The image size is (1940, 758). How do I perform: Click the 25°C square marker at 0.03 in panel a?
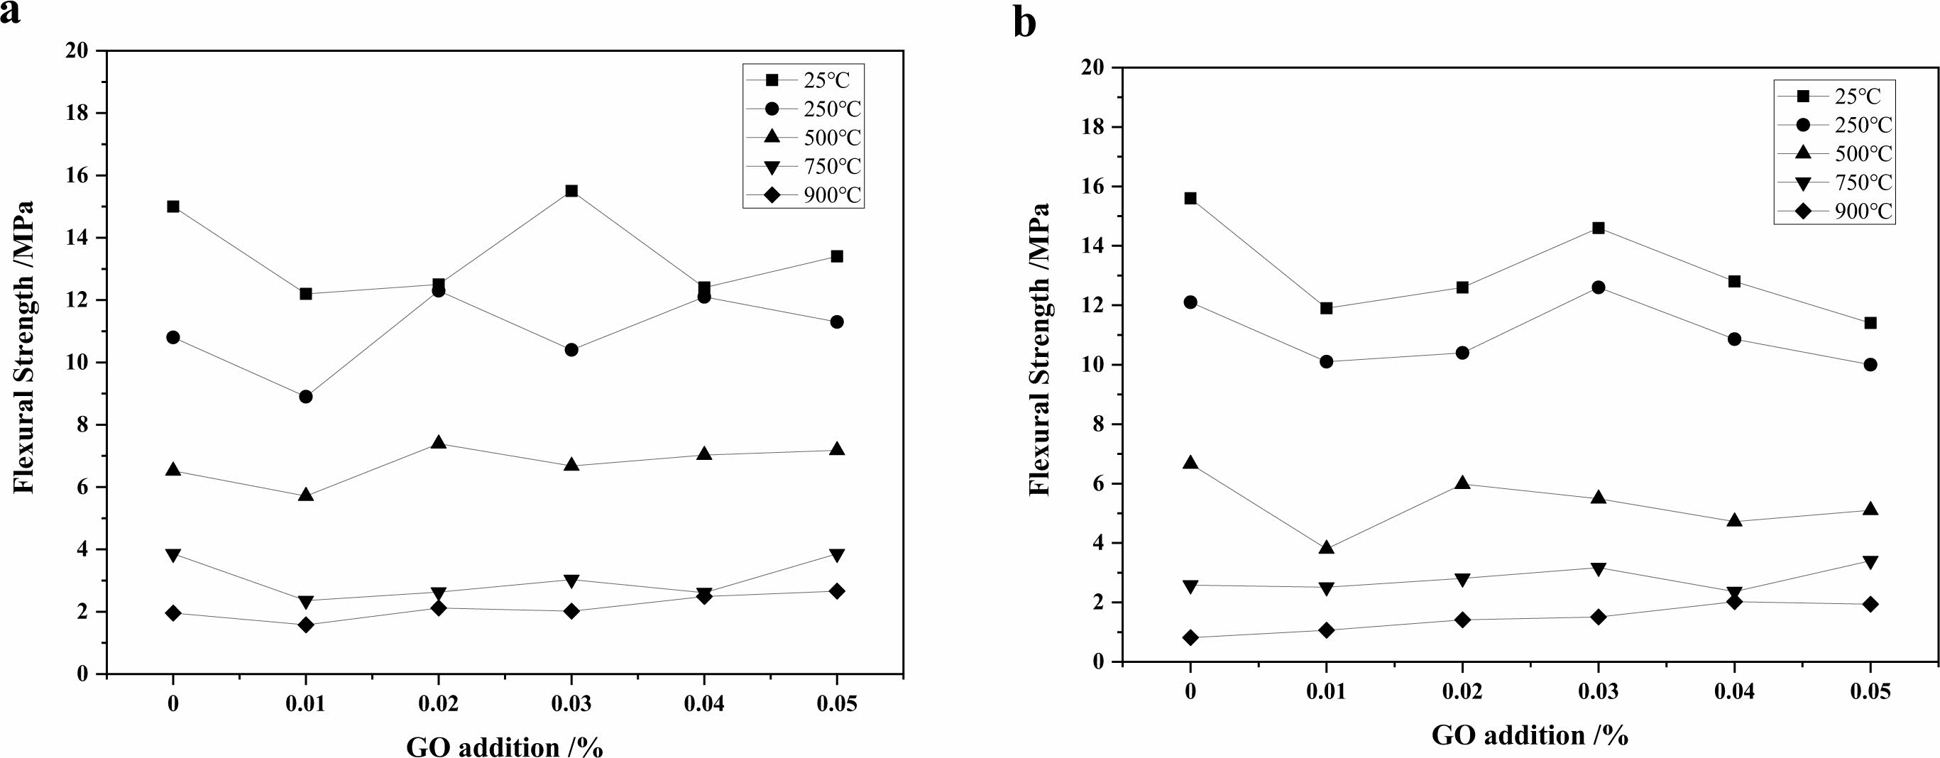point(571,191)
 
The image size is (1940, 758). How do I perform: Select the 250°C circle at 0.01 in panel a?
point(306,397)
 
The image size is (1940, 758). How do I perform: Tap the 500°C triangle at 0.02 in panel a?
point(438,443)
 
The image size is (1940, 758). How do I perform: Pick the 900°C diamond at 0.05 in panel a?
point(837,591)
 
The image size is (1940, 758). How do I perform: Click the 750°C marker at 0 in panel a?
point(173,556)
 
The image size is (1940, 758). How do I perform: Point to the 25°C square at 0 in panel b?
point(1190,199)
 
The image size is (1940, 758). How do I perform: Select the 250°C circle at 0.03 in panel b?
point(1598,287)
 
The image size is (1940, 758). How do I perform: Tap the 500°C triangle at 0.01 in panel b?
point(1326,547)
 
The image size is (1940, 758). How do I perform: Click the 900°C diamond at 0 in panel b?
point(1190,638)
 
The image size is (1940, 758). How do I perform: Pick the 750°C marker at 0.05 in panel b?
point(1870,561)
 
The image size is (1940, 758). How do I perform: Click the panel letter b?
point(1024,23)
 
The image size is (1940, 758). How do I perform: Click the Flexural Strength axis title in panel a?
point(25,346)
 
